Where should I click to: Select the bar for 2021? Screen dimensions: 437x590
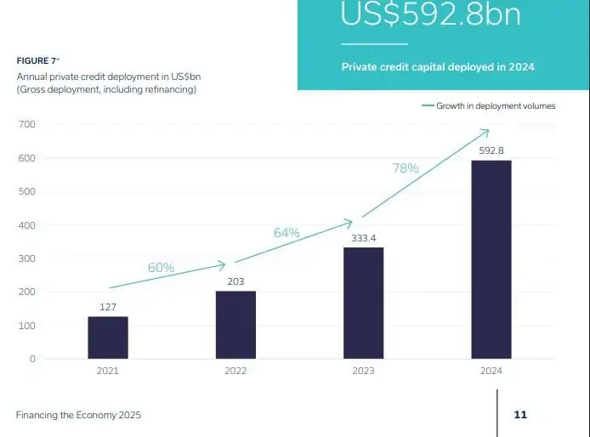(108, 338)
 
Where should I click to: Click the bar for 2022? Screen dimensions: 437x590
(235, 325)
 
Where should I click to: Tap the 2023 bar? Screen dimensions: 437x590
(363, 303)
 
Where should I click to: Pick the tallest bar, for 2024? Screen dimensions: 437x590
(491, 259)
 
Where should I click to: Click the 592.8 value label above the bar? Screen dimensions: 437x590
(491, 150)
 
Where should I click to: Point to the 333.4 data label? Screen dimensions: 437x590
(363, 238)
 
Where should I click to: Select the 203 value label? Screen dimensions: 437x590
(235, 281)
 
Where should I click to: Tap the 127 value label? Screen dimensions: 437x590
(108, 307)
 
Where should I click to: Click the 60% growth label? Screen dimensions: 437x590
(161, 268)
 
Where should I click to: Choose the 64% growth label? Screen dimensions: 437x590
(286, 232)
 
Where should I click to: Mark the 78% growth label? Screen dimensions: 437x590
(406, 168)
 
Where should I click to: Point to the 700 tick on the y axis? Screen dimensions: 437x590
(26, 125)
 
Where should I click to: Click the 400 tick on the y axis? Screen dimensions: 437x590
(26, 225)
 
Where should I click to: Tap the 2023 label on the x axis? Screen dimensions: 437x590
(363, 372)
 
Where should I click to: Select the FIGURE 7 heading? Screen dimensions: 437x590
(37, 61)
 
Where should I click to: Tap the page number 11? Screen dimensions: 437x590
(520, 415)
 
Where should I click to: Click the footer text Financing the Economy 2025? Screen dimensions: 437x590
(78, 415)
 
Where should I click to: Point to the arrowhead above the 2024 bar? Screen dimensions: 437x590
(487, 131)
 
